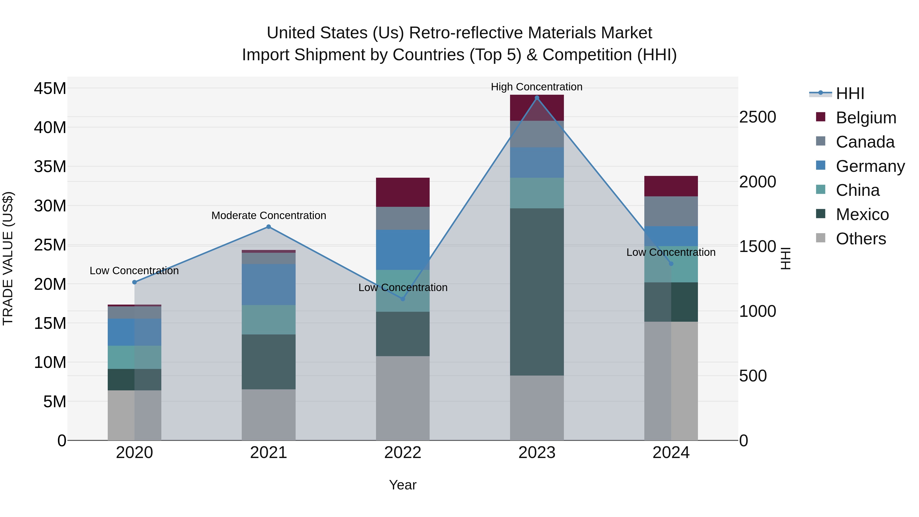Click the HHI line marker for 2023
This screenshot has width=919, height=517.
pos(537,98)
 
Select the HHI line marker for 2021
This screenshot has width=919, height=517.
pos(269,226)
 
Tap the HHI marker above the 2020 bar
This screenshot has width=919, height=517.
pos(135,282)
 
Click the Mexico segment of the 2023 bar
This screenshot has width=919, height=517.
pos(537,292)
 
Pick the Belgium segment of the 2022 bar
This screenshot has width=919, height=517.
pos(403,192)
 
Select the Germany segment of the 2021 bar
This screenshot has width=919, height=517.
pos(269,284)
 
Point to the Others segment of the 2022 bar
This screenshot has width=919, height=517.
pos(403,398)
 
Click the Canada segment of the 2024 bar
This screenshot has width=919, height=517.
pos(671,211)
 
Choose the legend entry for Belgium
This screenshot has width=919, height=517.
pos(866,118)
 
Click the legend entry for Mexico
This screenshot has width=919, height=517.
pos(862,214)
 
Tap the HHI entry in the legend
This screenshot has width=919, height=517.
pos(850,93)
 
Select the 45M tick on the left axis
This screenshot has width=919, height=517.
pos(50,88)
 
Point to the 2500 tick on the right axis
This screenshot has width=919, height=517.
pos(757,117)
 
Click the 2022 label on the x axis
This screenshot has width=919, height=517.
pos(403,453)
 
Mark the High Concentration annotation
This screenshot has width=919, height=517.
pos(537,87)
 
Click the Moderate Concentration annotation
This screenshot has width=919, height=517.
pos(269,215)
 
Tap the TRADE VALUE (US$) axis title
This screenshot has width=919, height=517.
pos(8,258)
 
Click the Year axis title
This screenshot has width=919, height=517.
pos(403,485)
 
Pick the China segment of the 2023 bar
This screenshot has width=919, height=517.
pos(537,193)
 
